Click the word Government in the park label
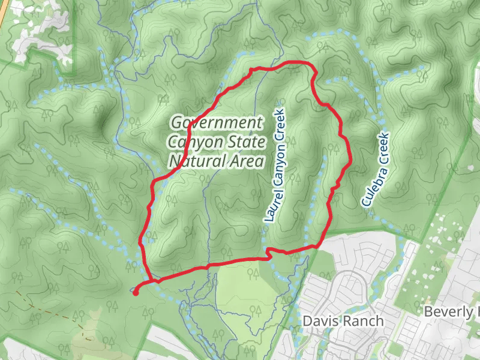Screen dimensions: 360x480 coord(217,124)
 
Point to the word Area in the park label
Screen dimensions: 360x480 coord(246,161)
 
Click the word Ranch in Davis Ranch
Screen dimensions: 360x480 coord(362,321)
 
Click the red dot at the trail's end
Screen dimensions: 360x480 coord(136,293)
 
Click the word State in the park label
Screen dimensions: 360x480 coord(247,143)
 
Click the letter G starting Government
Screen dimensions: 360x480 coord(176,124)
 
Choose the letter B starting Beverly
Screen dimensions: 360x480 coord(428,312)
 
